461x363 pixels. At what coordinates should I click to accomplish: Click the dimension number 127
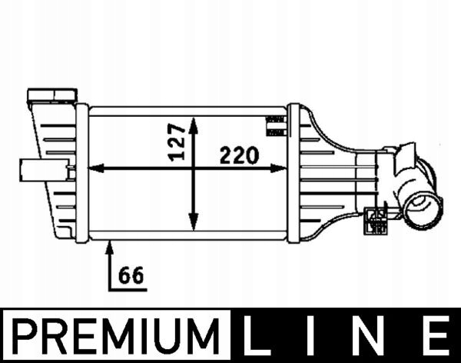pyautogui.click(x=177, y=142)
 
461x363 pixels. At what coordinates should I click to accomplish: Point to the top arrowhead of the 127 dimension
pyautogui.click(x=194, y=122)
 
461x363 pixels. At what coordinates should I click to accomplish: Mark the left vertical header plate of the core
pyautogui.click(x=82, y=173)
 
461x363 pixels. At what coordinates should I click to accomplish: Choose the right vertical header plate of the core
pyautogui.click(x=294, y=173)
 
